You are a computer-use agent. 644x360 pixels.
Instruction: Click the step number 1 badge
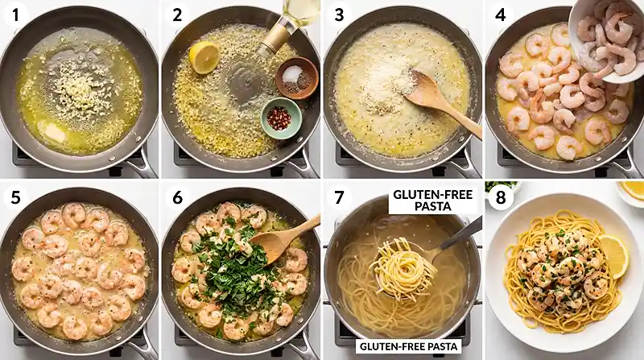[16, 15]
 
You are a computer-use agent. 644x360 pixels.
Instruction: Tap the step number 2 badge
[177, 15]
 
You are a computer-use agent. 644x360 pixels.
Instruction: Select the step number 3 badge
[339, 15]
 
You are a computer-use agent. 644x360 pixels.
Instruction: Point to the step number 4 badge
[500, 15]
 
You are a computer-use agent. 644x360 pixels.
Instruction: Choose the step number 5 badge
[16, 196]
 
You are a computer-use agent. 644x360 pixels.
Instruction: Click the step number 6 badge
[177, 196]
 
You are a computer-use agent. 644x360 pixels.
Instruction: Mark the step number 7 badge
[339, 196]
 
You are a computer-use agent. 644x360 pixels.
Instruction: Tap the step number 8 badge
[500, 196]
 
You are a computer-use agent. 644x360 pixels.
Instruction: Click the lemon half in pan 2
[203, 57]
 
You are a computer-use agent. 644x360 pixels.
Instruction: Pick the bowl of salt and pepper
[296, 77]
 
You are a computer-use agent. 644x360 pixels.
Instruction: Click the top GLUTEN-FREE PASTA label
[423, 201]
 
